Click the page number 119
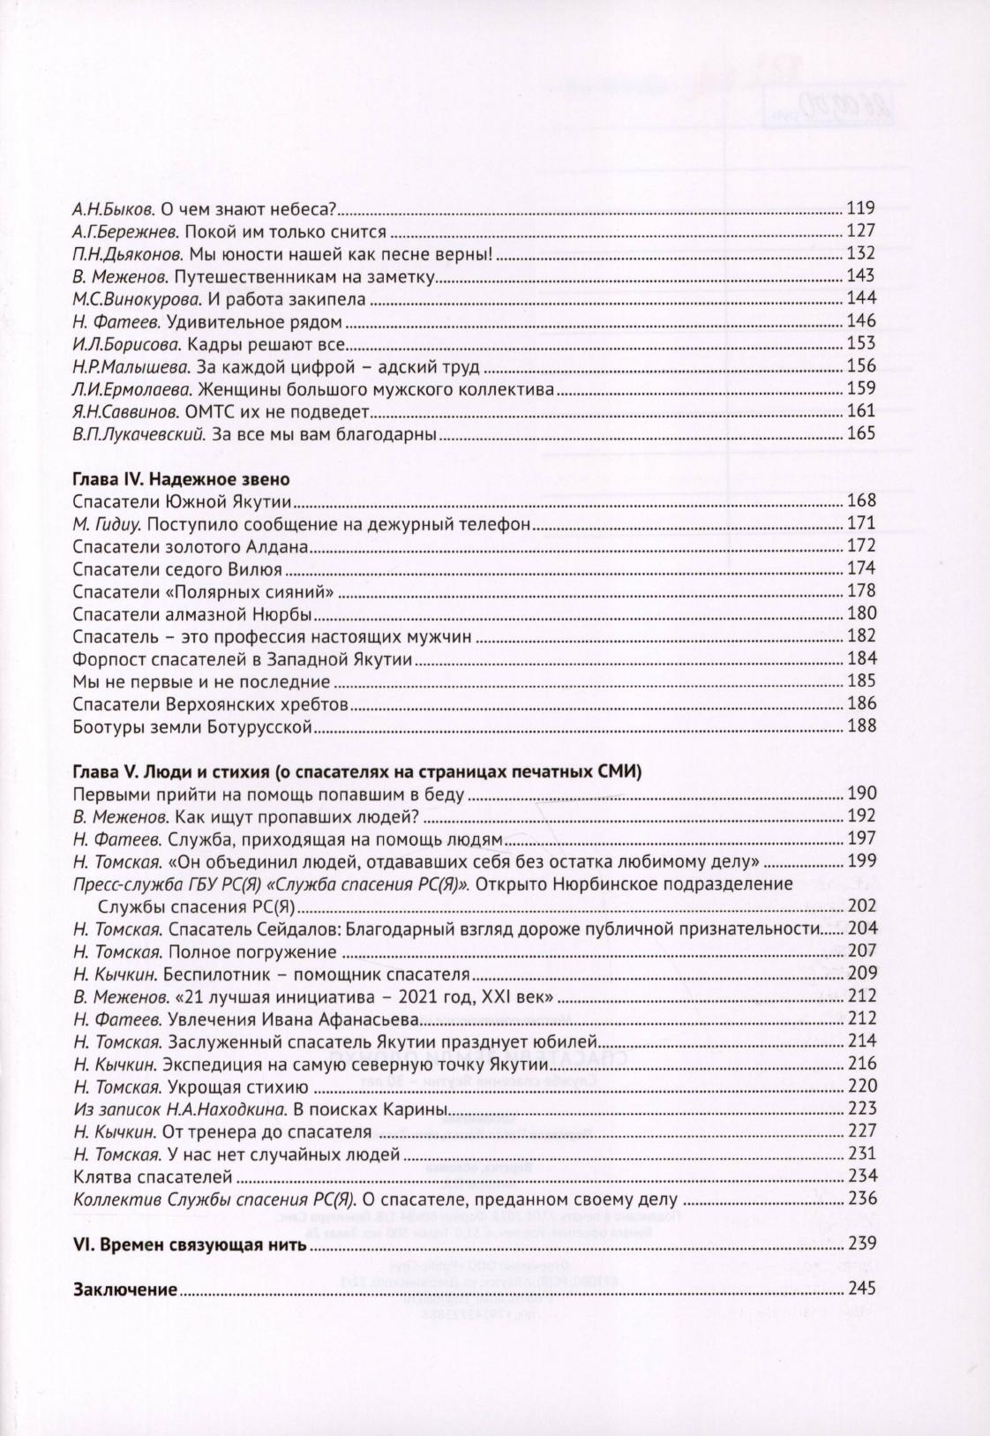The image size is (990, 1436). click(860, 209)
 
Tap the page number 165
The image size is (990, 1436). click(860, 433)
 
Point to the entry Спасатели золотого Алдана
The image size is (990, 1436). click(191, 546)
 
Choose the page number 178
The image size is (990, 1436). click(860, 591)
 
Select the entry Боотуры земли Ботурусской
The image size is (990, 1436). click(193, 726)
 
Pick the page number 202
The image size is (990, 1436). click(860, 906)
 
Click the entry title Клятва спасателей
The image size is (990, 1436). click(153, 1176)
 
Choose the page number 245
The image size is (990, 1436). click(860, 1289)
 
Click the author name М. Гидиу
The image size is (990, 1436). click(101, 524)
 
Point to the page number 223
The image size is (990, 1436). click(860, 1109)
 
